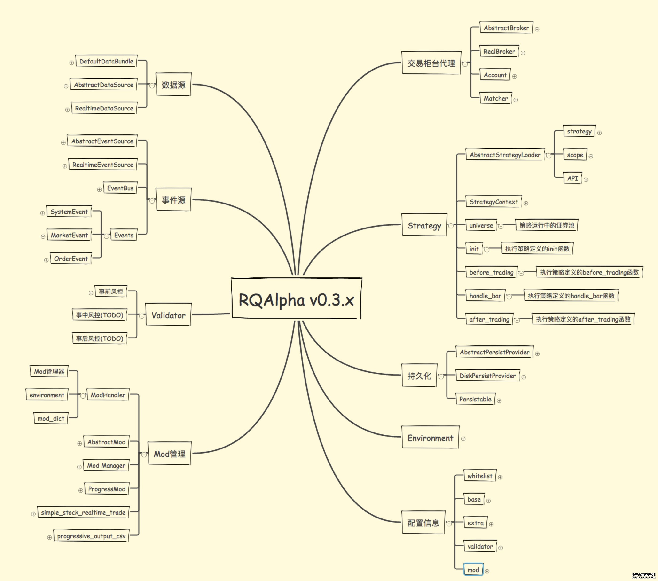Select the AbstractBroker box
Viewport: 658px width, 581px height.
(x=506, y=28)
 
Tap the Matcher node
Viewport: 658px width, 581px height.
(x=495, y=98)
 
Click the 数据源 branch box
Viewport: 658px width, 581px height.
(x=173, y=84)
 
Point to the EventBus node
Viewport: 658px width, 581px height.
(x=120, y=188)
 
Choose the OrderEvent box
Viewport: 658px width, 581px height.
(x=71, y=259)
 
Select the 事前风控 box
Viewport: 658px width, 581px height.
(x=111, y=291)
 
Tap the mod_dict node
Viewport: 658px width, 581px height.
(x=51, y=418)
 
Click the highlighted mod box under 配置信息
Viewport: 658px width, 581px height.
(x=473, y=570)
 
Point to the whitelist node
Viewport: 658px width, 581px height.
(x=480, y=476)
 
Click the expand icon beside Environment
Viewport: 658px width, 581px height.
(x=463, y=439)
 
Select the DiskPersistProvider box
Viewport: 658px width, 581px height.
(x=487, y=376)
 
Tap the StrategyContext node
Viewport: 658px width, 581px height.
(x=493, y=202)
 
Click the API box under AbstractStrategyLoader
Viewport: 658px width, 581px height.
(x=573, y=178)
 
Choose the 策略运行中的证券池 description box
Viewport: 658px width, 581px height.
(x=547, y=225)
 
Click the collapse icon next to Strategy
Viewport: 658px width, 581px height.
(x=451, y=226)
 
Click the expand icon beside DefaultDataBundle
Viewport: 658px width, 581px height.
(x=71, y=63)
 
